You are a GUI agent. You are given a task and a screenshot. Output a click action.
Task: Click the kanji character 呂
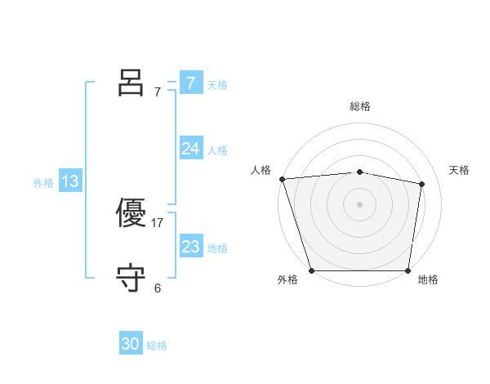point(131,83)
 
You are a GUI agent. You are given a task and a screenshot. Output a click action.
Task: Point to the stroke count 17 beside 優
point(158,222)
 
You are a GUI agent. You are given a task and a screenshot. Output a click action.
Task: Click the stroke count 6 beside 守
point(158,288)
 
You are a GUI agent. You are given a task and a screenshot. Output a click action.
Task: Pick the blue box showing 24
point(191,149)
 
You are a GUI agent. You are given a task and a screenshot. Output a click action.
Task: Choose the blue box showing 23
point(191,247)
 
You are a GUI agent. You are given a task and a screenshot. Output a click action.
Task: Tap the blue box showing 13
point(70,181)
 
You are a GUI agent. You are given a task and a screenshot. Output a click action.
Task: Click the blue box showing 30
point(131,345)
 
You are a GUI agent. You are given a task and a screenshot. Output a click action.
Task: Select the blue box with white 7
point(191,83)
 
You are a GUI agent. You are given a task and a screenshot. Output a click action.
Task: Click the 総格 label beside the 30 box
point(157,346)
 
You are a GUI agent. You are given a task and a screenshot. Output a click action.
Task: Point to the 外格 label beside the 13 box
point(43,183)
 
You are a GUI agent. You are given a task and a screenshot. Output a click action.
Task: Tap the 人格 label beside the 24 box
point(217,150)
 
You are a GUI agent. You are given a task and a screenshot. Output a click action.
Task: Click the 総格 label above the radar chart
point(359,106)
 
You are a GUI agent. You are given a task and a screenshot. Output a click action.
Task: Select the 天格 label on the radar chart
point(460,170)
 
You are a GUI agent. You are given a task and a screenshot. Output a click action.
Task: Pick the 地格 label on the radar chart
point(428,279)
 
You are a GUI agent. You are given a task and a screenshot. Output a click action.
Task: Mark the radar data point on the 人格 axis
point(282,179)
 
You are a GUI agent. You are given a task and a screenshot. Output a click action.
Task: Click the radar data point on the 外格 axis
point(311,270)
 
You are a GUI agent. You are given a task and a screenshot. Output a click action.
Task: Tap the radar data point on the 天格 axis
point(422,184)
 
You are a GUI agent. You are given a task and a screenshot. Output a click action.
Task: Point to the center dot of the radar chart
point(359,204)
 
